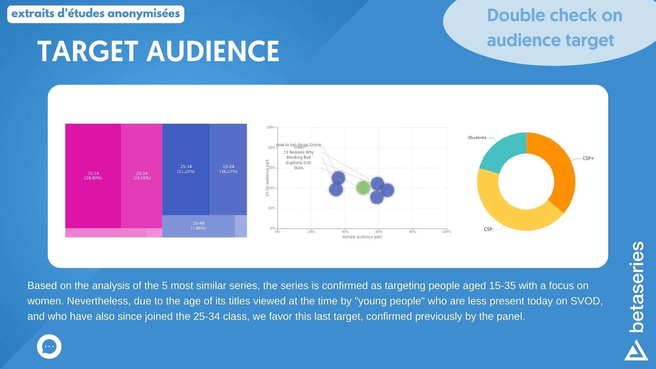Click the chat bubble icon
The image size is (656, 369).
point(49,346)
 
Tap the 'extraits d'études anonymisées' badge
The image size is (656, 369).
point(96,14)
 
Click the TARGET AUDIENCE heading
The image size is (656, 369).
point(158,51)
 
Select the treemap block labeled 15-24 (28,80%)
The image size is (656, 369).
point(93,176)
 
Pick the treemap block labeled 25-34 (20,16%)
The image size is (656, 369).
point(141,176)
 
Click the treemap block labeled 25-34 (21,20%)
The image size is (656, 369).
point(186,169)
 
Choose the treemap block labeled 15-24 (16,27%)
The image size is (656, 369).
point(228,169)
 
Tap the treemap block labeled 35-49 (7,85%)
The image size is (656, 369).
point(199,226)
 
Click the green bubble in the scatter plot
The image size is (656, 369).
point(363,188)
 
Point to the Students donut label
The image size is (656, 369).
point(477,138)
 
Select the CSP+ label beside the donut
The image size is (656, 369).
point(588,159)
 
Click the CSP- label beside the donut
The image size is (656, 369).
point(489,229)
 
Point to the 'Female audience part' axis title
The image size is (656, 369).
point(362,237)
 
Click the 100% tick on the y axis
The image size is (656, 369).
point(271,127)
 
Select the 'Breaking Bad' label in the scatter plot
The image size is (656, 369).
point(298,158)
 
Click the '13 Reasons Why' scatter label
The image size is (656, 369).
point(298,152)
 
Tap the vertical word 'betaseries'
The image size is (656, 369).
point(637,287)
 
